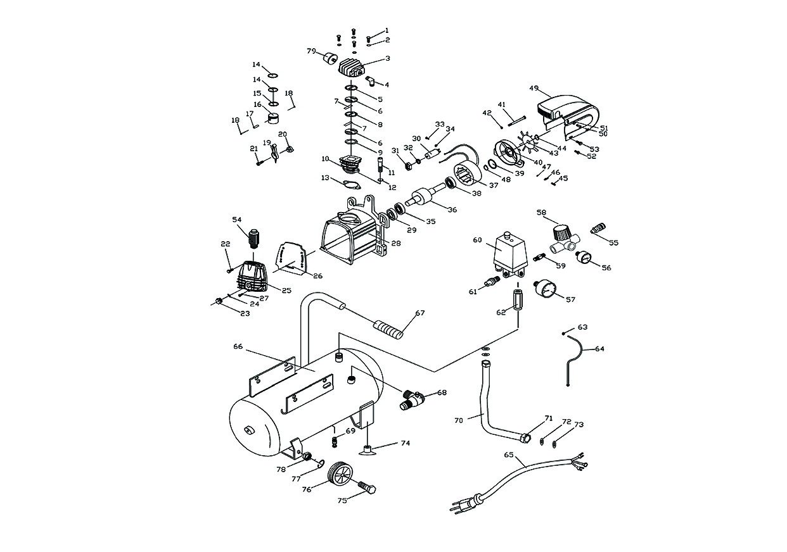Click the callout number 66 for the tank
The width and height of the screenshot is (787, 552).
pos(238,346)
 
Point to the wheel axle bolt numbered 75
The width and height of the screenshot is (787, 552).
pos(367,489)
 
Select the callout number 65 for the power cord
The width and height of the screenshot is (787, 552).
pos(508,454)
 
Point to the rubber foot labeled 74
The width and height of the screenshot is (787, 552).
pos(368,450)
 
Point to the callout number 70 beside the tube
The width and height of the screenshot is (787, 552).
pos(459,420)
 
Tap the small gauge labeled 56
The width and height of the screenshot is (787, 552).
pos(583,258)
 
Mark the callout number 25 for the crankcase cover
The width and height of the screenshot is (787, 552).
pos(286,291)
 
